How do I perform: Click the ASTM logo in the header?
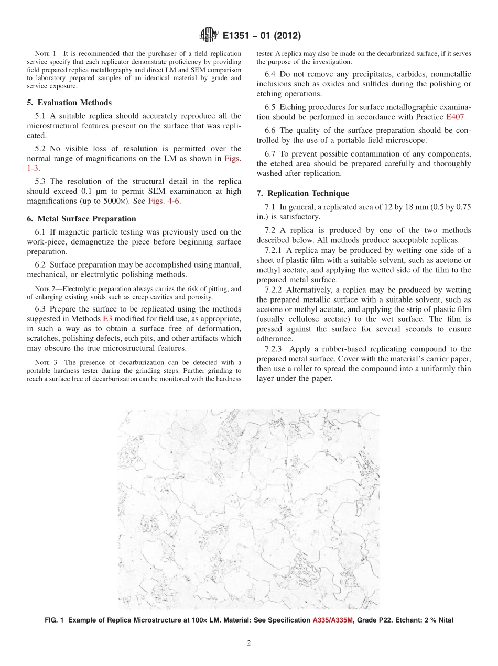click(x=209, y=36)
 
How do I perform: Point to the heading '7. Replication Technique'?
click(x=302, y=193)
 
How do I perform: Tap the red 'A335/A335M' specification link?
click(x=333, y=620)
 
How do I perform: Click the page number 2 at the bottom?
click(x=249, y=643)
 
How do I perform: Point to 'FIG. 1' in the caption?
click(x=55, y=620)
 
